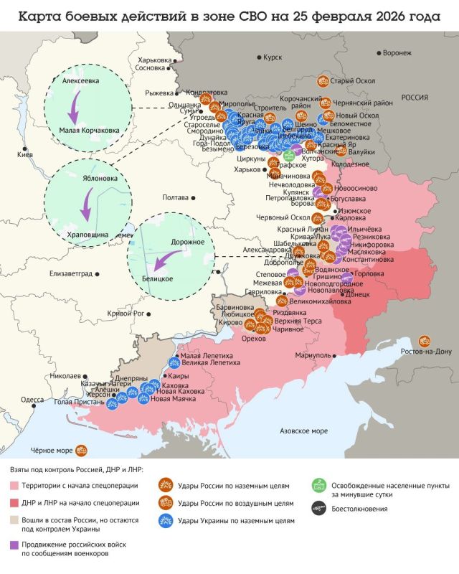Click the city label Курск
pyautogui.click(x=273, y=57)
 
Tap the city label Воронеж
pyautogui.click(x=397, y=53)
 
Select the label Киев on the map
pyautogui.click(x=25, y=155)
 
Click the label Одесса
pyautogui.click(x=32, y=400)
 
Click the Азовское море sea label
pyautogui.click(x=303, y=431)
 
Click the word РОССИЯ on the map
pyautogui.click(x=414, y=98)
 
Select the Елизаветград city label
pyautogui.click(x=72, y=273)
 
